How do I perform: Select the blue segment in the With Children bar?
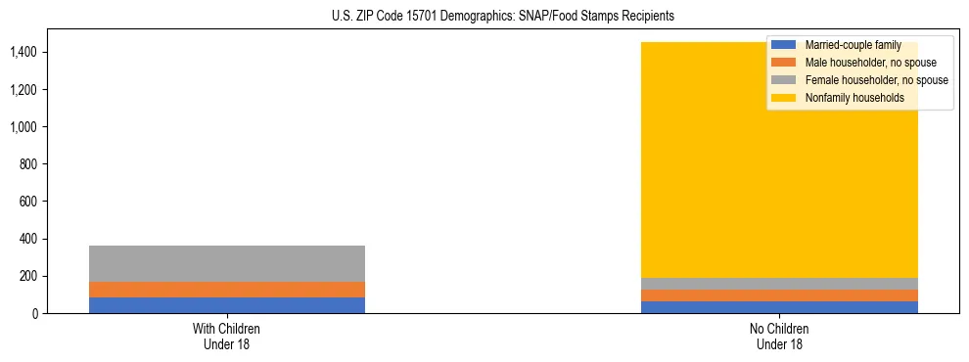pos(226,305)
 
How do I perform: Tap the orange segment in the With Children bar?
pos(226,290)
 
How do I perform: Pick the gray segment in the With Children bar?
pos(226,263)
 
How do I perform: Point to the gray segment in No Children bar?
pos(780,284)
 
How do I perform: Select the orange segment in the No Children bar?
pos(780,295)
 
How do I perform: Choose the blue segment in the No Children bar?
pos(780,307)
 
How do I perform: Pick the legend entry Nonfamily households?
pos(854,98)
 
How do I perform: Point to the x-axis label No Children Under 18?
pos(780,337)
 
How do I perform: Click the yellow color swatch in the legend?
pos(785,98)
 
